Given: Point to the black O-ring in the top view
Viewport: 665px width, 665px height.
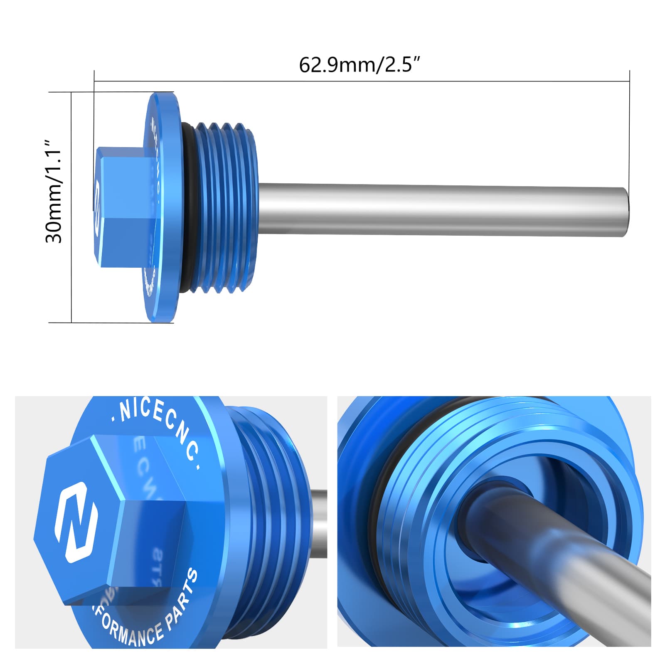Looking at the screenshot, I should tap(187, 208).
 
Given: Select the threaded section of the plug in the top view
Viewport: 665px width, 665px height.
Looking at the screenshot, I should tap(224, 208).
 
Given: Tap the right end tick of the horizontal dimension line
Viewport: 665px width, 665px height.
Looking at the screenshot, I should tap(630, 81).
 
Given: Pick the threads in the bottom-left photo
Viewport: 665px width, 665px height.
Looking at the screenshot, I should tap(270, 478).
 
